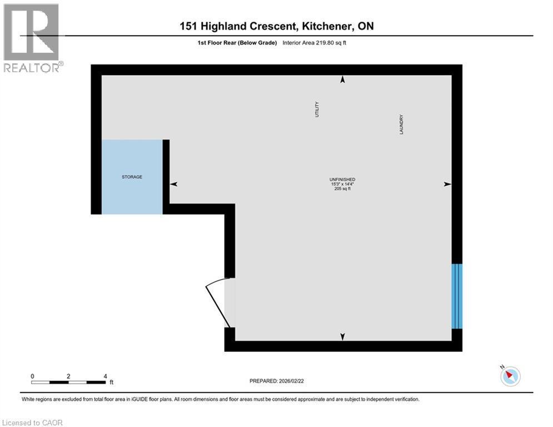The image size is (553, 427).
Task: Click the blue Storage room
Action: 132,177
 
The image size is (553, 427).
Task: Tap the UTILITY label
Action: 317,110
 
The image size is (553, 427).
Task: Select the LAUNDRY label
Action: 400,125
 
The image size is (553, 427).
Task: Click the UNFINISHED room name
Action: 342,179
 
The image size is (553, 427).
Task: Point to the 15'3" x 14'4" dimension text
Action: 342,184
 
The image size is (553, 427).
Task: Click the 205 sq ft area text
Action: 342,189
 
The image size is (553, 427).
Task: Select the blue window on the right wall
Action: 457,296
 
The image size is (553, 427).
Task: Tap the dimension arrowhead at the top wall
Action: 342,80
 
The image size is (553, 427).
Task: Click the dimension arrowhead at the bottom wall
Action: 342,336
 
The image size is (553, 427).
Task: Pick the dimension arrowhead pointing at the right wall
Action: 447,184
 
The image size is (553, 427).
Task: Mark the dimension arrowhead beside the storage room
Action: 174,184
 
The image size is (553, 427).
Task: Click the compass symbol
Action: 510,376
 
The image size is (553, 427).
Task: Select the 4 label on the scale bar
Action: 105,376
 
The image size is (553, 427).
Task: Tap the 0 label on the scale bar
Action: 33,376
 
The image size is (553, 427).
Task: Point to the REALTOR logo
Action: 32,38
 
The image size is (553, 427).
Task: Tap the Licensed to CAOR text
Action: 33,423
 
